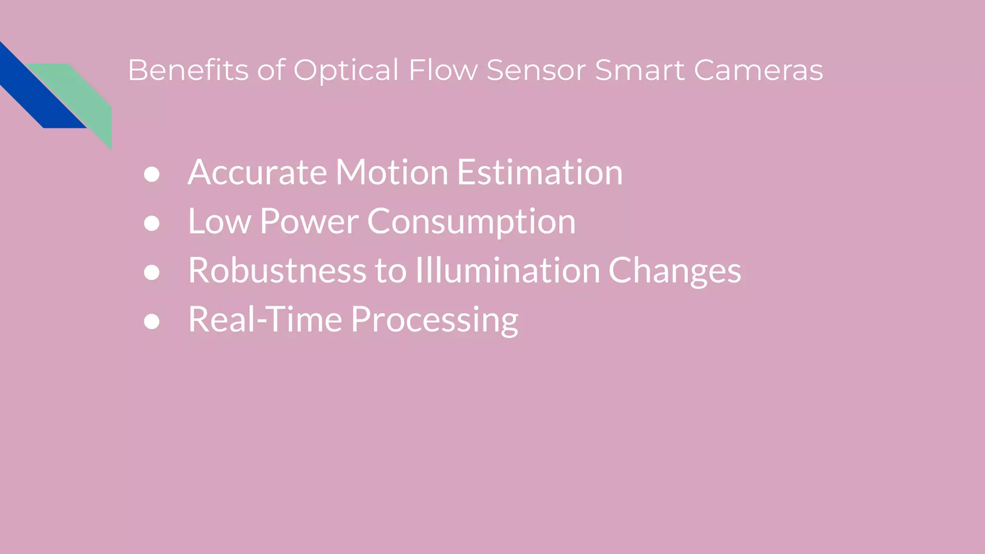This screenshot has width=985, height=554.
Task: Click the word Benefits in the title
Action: point(188,70)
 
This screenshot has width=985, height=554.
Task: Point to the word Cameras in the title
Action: point(758,70)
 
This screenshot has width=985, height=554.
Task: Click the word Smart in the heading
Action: point(640,70)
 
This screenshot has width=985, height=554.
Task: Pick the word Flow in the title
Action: point(443,70)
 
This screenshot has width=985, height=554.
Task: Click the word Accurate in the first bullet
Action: point(257,172)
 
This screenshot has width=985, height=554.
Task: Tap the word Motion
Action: point(391,172)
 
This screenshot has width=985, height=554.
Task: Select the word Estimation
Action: point(540,172)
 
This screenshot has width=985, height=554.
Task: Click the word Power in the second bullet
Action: point(309,222)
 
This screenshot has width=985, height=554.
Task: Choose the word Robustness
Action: point(277,270)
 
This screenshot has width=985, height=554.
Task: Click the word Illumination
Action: point(507,270)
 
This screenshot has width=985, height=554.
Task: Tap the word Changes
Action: point(674,271)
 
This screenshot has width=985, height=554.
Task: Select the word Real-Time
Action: point(265,319)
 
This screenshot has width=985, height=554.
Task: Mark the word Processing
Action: point(435,320)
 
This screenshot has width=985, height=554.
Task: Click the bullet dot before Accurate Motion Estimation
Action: point(152,174)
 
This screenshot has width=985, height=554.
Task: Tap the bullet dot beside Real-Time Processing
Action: point(152,321)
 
